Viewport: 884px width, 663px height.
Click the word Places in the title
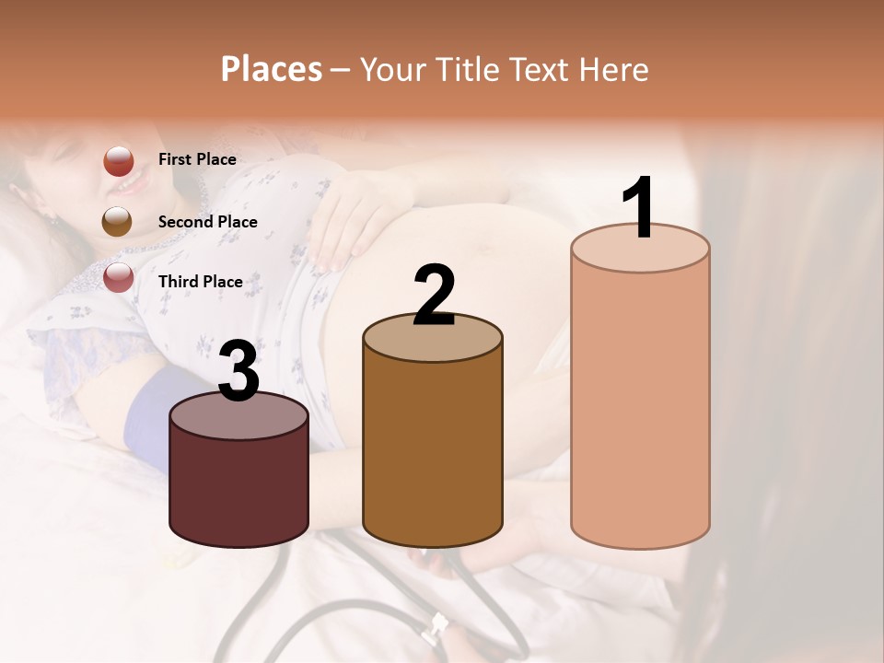[x=272, y=69]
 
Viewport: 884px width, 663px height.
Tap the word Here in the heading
[x=612, y=69]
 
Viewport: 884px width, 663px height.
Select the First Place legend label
[x=197, y=159]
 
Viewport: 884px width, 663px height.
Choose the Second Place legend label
[x=207, y=222]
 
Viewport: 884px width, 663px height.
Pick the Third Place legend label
[x=200, y=282]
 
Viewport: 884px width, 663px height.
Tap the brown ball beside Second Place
[x=117, y=221]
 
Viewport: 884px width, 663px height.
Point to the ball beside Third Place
[x=118, y=277]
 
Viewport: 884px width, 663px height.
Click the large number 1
[x=639, y=209]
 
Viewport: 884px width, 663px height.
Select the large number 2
[x=435, y=295]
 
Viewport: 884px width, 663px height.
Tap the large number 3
[x=239, y=371]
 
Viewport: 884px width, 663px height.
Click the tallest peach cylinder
[x=640, y=405]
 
